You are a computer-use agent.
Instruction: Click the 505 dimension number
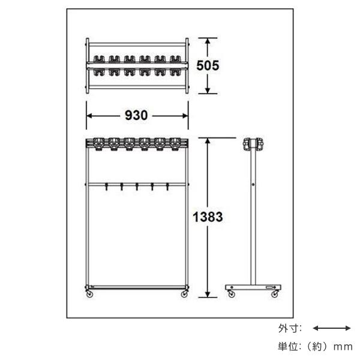(x=208, y=65)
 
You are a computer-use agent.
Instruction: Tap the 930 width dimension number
(x=136, y=115)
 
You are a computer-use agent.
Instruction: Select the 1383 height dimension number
(x=208, y=217)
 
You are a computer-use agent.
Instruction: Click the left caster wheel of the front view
(x=89, y=293)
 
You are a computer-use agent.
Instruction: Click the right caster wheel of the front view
(x=184, y=293)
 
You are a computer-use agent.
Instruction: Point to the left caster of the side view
(x=232, y=293)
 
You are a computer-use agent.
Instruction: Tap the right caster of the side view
(x=275, y=293)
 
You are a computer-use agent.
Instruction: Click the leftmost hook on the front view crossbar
(x=106, y=187)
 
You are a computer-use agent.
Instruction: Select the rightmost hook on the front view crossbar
(x=167, y=187)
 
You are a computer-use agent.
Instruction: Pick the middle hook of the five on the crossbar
(x=137, y=187)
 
